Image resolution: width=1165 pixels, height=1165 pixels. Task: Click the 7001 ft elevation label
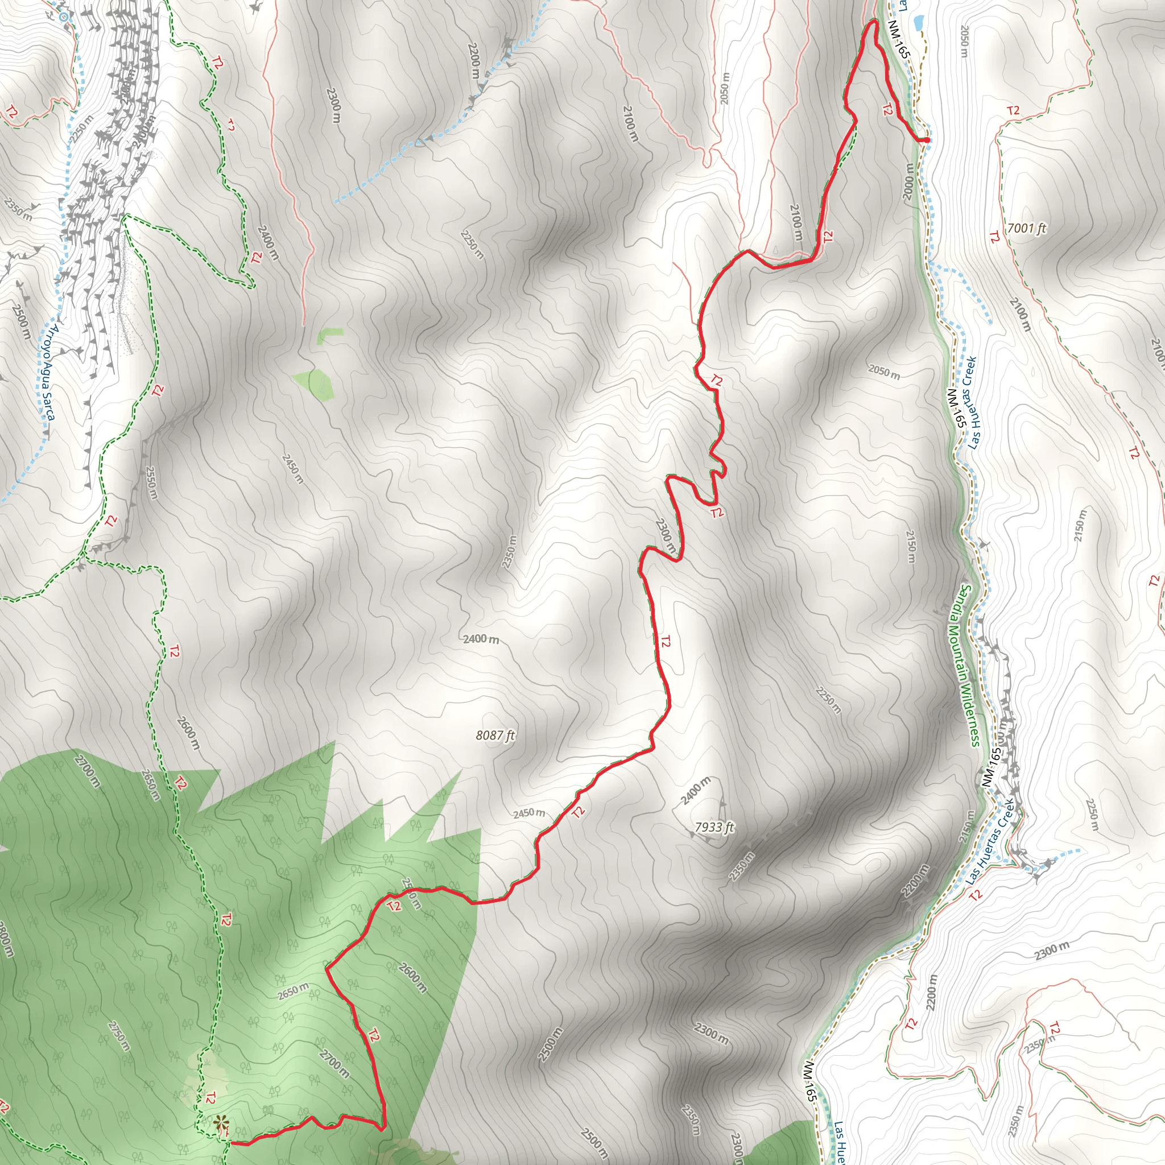(x=1026, y=229)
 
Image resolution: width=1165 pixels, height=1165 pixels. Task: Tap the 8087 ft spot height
(x=495, y=735)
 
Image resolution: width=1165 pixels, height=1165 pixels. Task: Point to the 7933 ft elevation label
(x=714, y=827)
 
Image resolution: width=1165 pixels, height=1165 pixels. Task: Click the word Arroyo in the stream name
(x=53, y=343)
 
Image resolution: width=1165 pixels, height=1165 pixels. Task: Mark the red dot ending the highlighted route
(x=926, y=140)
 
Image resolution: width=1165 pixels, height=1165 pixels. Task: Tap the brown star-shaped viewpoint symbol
(x=221, y=1123)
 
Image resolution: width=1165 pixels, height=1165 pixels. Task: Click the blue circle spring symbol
(x=64, y=16)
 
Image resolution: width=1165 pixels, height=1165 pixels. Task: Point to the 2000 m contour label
(x=908, y=181)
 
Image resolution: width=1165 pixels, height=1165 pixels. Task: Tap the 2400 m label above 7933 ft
(x=697, y=790)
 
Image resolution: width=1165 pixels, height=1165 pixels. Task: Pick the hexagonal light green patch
(x=314, y=384)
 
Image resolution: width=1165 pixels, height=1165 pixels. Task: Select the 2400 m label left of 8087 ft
(x=481, y=639)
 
